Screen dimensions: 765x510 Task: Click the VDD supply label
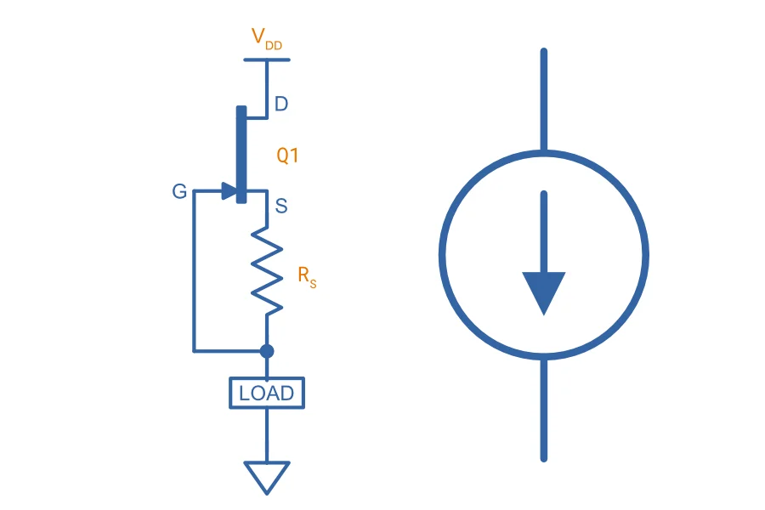[x=266, y=38]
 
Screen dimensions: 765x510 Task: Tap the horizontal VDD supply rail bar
[x=267, y=59]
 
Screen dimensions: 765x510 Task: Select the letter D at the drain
[x=281, y=104]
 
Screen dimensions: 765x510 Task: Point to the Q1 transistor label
[x=287, y=156]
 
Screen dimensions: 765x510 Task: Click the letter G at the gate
[x=179, y=191]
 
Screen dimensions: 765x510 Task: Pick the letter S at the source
[x=281, y=206]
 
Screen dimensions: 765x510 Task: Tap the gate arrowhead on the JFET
[x=229, y=190]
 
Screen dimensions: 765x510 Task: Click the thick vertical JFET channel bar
[x=241, y=154]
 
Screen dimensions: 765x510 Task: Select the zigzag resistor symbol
[x=267, y=271]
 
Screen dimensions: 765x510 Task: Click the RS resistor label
[x=307, y=277]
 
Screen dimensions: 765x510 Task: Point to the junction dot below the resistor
[x=267, y=351]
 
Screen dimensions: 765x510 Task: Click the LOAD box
[x=267, y=393]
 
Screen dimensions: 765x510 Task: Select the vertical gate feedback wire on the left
[x=194, y=271]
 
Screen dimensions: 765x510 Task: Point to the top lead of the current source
[x=543, y=99]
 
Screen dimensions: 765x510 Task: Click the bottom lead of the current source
[x=543, y=410]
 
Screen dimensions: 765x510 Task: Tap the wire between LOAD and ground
[x=267, y=435]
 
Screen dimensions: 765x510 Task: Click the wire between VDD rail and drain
[x=267, y=88]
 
